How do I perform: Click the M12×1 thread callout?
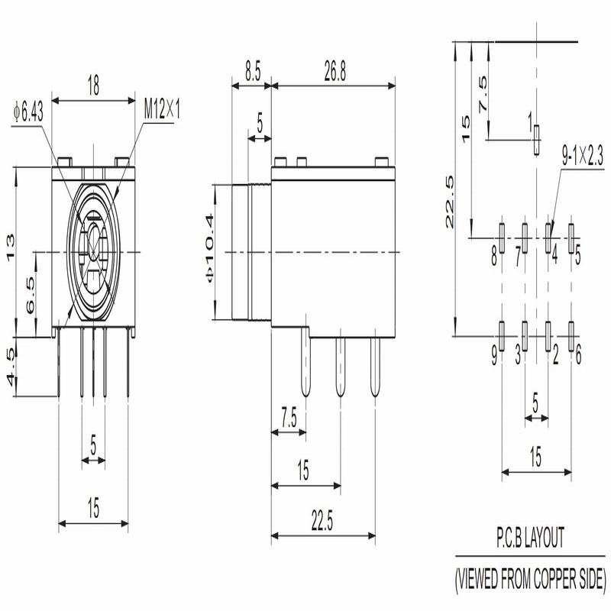(x=162, y=108)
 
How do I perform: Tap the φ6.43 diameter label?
(x=28, y=112)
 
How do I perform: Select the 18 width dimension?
(x=93, y=86)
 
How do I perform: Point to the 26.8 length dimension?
(x=335, y=71)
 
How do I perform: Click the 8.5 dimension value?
(x=253, y=71)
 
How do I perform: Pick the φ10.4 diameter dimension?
(x=209, y=247)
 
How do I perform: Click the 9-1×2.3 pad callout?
(x=582, y=156)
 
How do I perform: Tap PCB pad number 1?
(x=537, y=140)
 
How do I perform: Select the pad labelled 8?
(x=502, y=238)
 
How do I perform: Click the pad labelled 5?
(x=571, y=238)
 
